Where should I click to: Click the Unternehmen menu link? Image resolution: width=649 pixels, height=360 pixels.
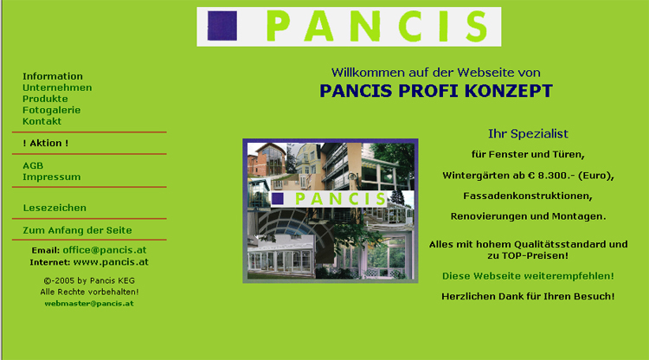[x=57, y=87]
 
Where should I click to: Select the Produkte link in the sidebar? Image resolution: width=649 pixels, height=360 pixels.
[x=45, y=99]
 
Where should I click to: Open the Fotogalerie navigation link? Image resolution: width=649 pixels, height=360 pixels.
[x=51, y=110]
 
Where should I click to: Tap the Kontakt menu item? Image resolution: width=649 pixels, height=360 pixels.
[x=42, y=121]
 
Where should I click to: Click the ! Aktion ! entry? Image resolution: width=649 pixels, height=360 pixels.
[x=46, y=143]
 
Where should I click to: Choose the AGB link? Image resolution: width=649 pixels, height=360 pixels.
[x=33, y=165]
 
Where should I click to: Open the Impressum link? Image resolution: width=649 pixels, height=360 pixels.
[x=51, y=177]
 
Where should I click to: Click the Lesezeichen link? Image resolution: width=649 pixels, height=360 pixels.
[x=55, y=208]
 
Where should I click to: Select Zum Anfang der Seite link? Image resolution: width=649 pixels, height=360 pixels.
[x=77, y=230]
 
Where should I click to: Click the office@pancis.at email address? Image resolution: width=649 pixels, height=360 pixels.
[x=105, y=250]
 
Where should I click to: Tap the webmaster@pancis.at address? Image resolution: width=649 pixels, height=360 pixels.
[x=89, y=303]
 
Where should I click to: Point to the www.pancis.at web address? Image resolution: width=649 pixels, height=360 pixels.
[x=111, y=262]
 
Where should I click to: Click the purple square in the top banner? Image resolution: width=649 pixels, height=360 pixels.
[x=222, y=26]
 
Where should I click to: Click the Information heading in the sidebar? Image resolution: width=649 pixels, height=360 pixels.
[x=53, y=76]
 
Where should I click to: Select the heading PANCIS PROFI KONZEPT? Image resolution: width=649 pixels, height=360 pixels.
[x=436, y=91]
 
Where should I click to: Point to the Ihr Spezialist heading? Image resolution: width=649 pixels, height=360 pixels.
[x=528, y=133]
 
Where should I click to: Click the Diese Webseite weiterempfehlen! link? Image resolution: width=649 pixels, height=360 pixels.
[x=528, y=276]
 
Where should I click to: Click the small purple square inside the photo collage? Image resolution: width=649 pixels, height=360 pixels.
[x=277, y=199]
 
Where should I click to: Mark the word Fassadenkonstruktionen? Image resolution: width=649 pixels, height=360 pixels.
[x=528, y=196]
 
